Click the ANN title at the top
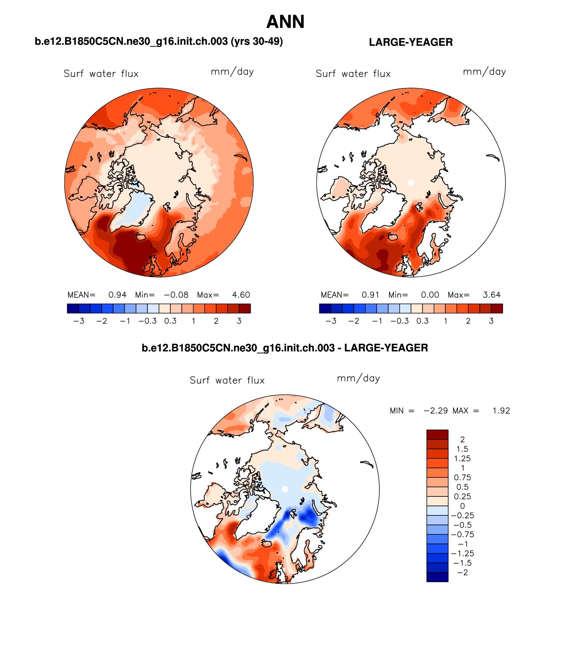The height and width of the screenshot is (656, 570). tap(285, 22)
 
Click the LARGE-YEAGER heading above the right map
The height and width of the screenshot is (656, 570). tap(411, 42)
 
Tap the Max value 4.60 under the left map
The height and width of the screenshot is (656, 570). tap(241, 295)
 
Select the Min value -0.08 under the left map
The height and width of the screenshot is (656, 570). tap(176, 295)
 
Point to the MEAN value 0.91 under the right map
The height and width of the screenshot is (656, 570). tap(370, 295)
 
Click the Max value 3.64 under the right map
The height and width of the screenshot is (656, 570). tap(492, 295)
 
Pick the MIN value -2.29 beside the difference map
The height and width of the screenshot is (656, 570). tap(435, 411)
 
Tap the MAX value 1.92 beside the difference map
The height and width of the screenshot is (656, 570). tap(501, 411)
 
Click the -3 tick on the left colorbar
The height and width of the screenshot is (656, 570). tap(79, 321)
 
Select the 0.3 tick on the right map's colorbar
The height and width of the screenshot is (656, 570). tap(422, 321)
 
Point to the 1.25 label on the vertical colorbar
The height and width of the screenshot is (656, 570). tap(462, 458)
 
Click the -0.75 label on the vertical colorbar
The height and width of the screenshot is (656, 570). tap(462, 534)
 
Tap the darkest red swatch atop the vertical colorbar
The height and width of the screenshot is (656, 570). tap(437, 434)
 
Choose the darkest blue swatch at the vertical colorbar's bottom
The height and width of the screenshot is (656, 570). tap(437, 577)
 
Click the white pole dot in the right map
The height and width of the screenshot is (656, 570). tap(411, 182)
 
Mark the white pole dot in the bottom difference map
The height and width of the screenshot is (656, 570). tap(285, 489)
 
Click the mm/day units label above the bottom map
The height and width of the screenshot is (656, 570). tap(358, 378)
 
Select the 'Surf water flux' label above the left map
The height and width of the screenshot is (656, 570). tap(101, 74)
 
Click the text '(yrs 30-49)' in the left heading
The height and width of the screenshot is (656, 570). tap(257, 41)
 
